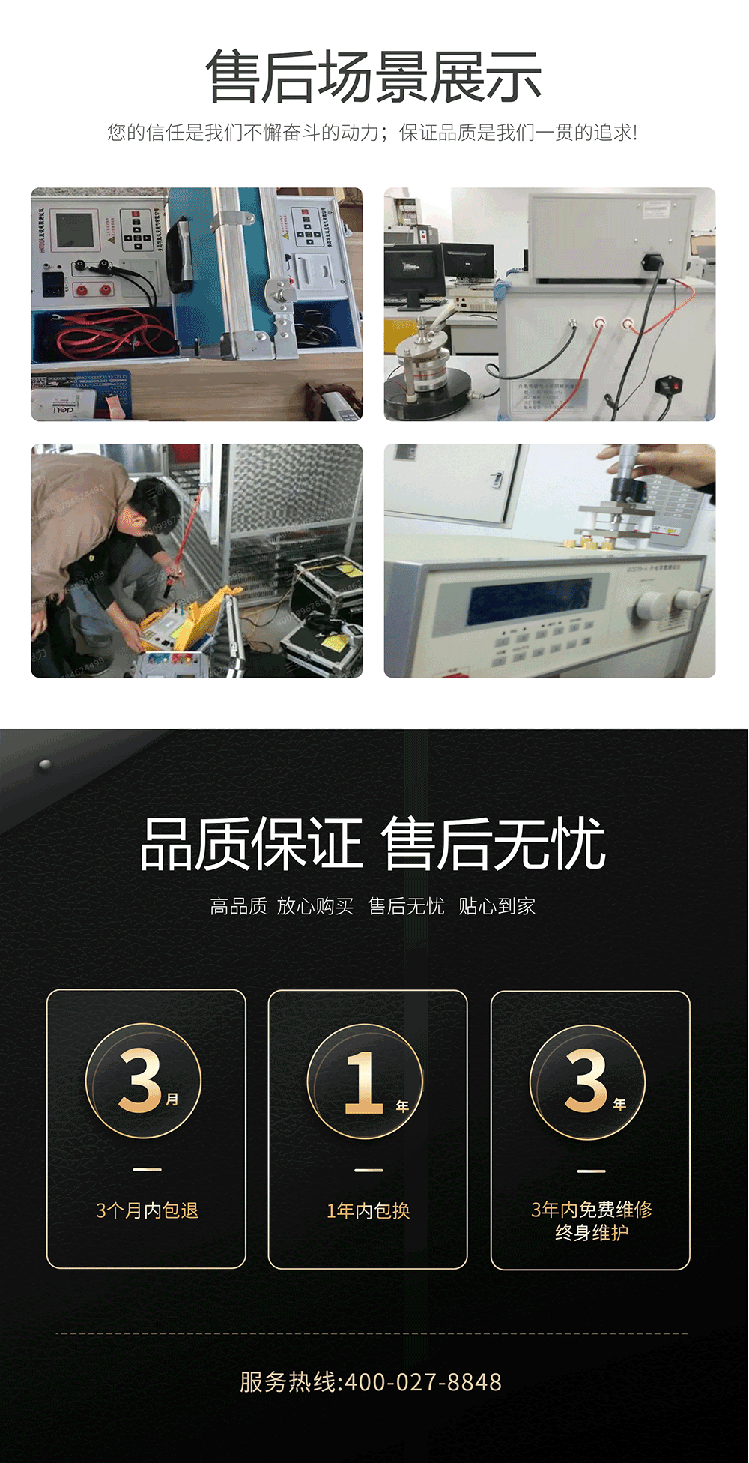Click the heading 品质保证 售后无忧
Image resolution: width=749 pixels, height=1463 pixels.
(372, 844)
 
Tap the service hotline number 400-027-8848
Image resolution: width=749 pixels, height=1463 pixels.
(423, 1381)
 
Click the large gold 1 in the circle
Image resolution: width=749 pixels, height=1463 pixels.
(364, 1082)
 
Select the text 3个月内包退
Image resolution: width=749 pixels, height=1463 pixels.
(147, 1210)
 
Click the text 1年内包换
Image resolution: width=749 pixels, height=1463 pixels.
(368, 1210)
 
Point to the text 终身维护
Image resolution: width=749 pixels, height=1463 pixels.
(591, 1233)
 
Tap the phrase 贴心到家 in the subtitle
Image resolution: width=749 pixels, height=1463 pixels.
(497, 906)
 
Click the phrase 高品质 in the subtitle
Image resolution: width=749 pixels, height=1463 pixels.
(238, 906)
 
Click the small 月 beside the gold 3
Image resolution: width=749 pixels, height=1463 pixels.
(172, 1099)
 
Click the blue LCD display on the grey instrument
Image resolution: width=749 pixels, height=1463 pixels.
(529, 599)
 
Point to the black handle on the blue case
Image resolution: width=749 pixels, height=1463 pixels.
(180, 255)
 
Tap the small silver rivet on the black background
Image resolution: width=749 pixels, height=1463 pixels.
(45, 764)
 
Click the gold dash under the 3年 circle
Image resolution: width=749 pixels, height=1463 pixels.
(591, 1171)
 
